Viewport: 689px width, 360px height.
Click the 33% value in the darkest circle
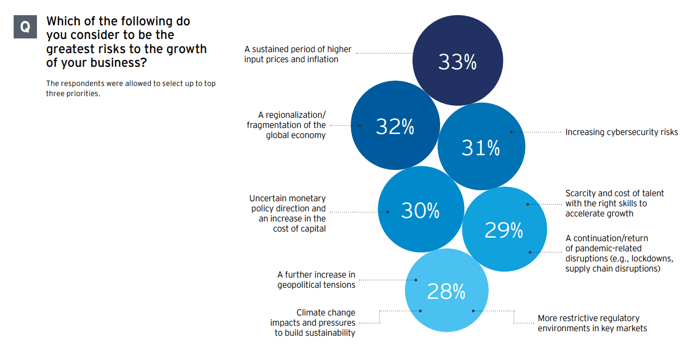click(457, 63)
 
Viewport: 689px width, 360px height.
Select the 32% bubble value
click(395, 127)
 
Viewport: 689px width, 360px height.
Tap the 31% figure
click(480, 148)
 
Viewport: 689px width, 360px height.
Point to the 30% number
click(420, 211)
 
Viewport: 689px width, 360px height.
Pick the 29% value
click(503, 231)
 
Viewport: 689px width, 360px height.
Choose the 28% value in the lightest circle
click(446, 292)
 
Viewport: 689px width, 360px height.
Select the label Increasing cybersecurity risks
click(621, 132)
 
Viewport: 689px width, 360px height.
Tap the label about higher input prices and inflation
click(297, 54)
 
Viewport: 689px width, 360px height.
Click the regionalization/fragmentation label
click(286, 125)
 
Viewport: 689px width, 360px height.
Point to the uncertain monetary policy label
click(287, 213)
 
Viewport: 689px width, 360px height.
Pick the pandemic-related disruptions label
click(619, 253)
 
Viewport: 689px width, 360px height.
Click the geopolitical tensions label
click(316, 280)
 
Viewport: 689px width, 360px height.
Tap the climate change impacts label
click(313, 323)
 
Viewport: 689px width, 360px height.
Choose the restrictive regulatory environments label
click(592, 323)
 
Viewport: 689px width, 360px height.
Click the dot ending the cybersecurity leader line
click(511, 132)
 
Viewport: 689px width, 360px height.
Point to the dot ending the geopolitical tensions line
click(416, 280)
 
